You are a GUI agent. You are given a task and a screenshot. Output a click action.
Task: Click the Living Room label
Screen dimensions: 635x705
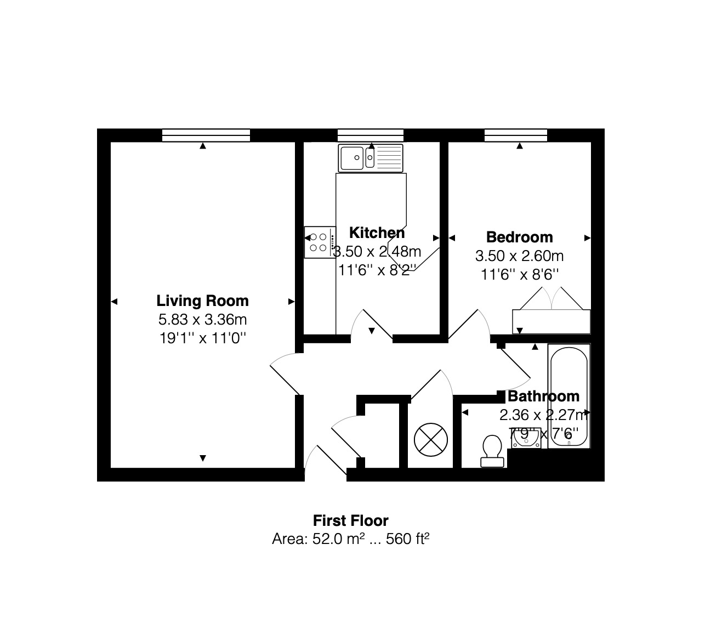click(202, 301)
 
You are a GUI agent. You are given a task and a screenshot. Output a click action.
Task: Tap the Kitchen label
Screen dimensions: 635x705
click(377, 233)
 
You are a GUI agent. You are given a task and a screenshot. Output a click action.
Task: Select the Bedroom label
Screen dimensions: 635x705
click(519, 237)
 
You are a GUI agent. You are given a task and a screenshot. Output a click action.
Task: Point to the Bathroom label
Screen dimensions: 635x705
click(543, 396)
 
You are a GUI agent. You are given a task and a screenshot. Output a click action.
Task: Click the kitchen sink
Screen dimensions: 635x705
click(371, 158)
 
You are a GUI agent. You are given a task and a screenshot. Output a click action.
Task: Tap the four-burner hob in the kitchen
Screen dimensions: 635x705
click(320, 242)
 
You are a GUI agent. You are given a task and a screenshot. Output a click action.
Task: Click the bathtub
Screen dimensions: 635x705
click(568, 396)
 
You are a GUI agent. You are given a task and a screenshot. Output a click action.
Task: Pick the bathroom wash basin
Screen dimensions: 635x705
click(525, 439)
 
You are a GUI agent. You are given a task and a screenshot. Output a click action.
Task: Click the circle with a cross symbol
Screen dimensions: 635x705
click(430, 440)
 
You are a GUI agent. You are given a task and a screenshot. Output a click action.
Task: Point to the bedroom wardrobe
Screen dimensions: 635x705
click(551, 321)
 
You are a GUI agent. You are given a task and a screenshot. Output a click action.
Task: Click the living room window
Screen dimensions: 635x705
click(206, 135)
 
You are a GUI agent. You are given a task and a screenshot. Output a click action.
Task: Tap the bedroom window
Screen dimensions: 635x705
click(516, 135)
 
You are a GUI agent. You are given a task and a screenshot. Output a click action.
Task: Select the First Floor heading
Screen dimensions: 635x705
click(350, 520)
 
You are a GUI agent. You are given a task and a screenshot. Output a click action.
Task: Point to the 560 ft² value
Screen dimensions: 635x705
click(407, 539)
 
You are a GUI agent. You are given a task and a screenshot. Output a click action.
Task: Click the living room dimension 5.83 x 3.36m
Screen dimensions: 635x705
click(202, 319)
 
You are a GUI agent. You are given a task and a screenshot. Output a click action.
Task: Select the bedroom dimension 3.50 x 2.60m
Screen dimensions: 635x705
click(519, 256)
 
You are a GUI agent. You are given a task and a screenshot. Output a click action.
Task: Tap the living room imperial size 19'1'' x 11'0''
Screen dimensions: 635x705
click(202, 337)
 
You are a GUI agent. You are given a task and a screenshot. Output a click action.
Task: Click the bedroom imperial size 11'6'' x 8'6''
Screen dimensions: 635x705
click(519, 274)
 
